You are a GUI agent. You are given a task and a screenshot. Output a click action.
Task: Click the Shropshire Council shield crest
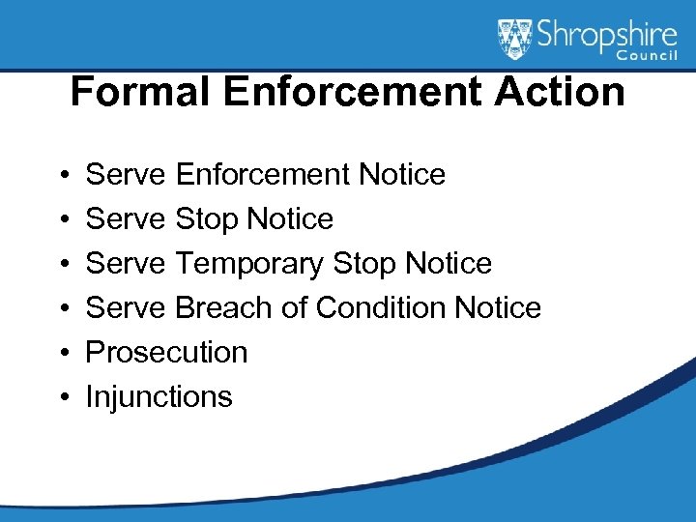click(515, 40)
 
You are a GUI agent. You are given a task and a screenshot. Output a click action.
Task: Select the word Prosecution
click(167, 352)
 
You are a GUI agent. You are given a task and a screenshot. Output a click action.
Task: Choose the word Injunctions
click(159, 396)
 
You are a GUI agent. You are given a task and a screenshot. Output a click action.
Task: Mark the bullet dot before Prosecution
click(61, 353)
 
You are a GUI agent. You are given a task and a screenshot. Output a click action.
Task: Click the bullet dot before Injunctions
click(61, 397)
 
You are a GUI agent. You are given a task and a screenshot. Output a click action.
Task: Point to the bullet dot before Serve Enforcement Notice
click(61, 175)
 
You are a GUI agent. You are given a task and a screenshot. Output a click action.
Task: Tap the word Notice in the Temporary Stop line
click(449, 263)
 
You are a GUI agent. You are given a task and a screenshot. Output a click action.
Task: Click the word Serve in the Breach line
click(127, 307)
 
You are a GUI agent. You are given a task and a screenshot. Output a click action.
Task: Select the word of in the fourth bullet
click(300, 307)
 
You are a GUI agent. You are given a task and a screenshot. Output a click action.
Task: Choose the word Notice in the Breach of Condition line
click(498, 307)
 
